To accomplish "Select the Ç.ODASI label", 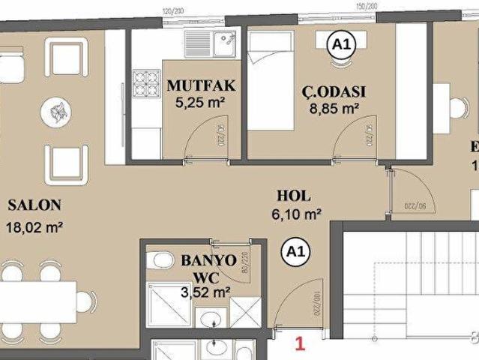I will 334,91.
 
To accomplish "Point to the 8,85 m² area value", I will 334,108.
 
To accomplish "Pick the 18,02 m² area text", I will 34,227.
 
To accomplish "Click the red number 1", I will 300,344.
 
